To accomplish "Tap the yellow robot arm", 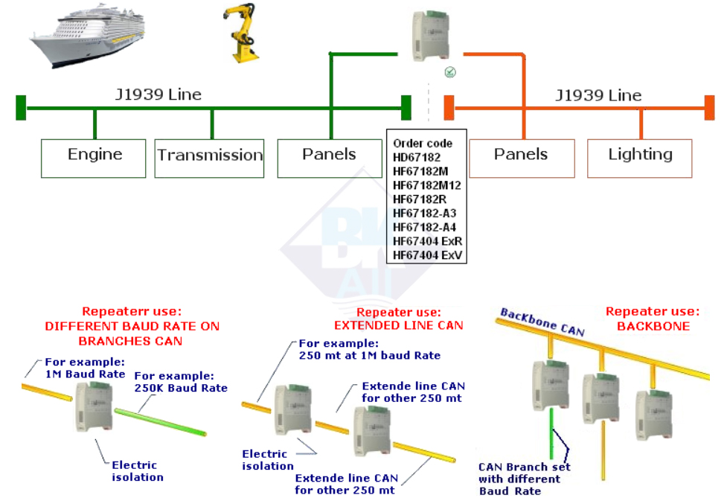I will point(243,33).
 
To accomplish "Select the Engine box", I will point(94,155).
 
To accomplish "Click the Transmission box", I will point(210,156).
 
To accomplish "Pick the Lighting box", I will point(640,155).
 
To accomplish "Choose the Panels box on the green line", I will point(329,155).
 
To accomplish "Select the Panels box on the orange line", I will point(521,155).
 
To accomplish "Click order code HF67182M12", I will point(427,185).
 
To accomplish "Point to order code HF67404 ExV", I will point(427,255).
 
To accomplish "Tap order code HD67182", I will point(417,158).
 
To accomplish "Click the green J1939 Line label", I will point(158,95).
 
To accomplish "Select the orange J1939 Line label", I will point(598,95).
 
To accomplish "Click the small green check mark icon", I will point(450,72).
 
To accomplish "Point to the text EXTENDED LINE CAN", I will point(398,325).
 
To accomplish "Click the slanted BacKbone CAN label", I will point(542,322).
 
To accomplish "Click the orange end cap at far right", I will point(710,107).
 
